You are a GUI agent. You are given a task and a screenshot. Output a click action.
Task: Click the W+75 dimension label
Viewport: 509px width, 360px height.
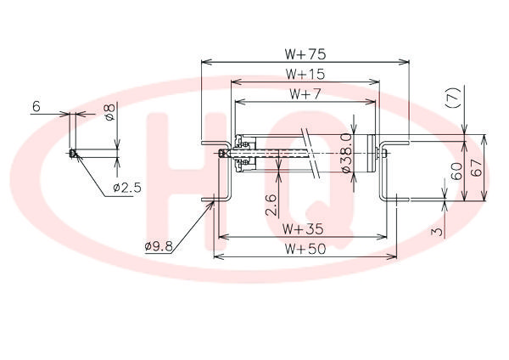(x=305, y=54)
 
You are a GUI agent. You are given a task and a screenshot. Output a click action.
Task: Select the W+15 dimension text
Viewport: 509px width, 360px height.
(x=305, y=75)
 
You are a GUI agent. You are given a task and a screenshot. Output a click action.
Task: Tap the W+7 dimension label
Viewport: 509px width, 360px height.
(x=305, y=94)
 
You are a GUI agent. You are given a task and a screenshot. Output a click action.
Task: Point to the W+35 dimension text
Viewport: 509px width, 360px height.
(x=303, y=229)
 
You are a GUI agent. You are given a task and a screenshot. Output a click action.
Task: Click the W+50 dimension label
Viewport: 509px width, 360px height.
(x=305, y=249)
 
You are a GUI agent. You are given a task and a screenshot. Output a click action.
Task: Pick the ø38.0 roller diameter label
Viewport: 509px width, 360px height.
(x=346, y=152)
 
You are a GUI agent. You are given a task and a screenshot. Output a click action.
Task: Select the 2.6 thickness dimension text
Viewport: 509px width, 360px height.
(x=271, y=205)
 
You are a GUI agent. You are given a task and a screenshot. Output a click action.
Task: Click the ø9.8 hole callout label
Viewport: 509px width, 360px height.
(x=159, y=246)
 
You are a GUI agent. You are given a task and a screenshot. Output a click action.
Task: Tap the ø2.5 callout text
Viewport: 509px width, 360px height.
(x=127, y=188)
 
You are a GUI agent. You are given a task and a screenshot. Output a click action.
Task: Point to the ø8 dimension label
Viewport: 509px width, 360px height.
(x=110, y=112)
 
